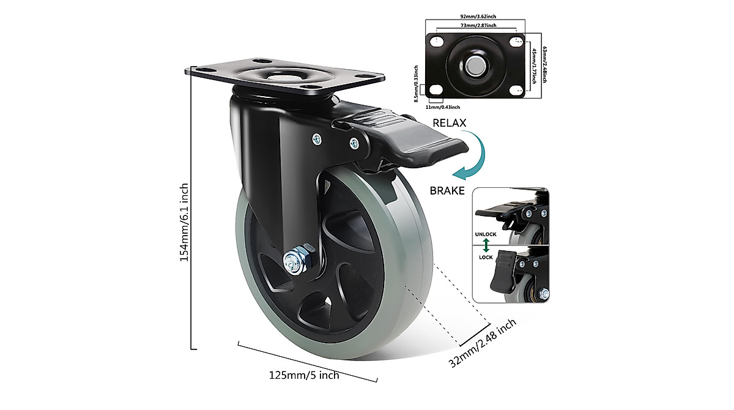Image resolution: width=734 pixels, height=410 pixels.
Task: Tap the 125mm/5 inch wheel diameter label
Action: [303, 375]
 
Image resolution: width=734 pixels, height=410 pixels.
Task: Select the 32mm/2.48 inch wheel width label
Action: [483, 343]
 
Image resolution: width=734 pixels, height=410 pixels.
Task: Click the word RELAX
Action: [450, 123]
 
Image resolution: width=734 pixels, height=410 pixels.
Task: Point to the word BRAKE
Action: [447, 190]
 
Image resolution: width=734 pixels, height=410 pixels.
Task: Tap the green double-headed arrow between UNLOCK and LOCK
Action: [486, 245]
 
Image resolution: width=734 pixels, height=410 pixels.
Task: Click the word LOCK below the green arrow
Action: [486, 257]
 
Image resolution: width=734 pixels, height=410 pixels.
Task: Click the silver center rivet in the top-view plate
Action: [475, 65]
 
